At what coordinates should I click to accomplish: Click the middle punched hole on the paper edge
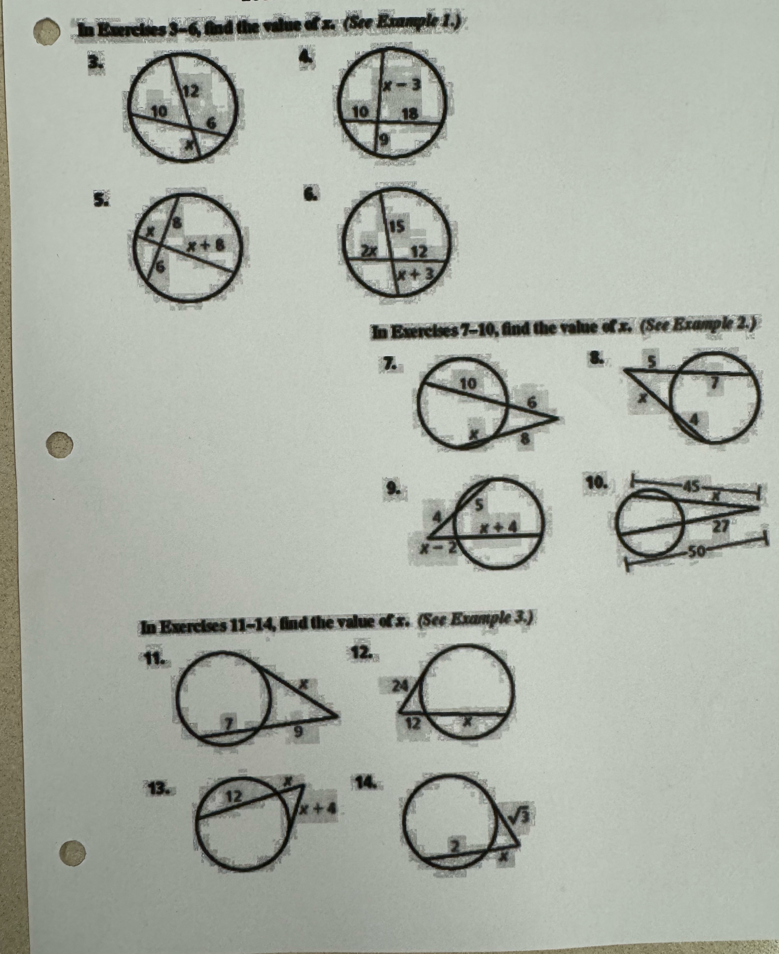pyautogui.click(x=60, y=445)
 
